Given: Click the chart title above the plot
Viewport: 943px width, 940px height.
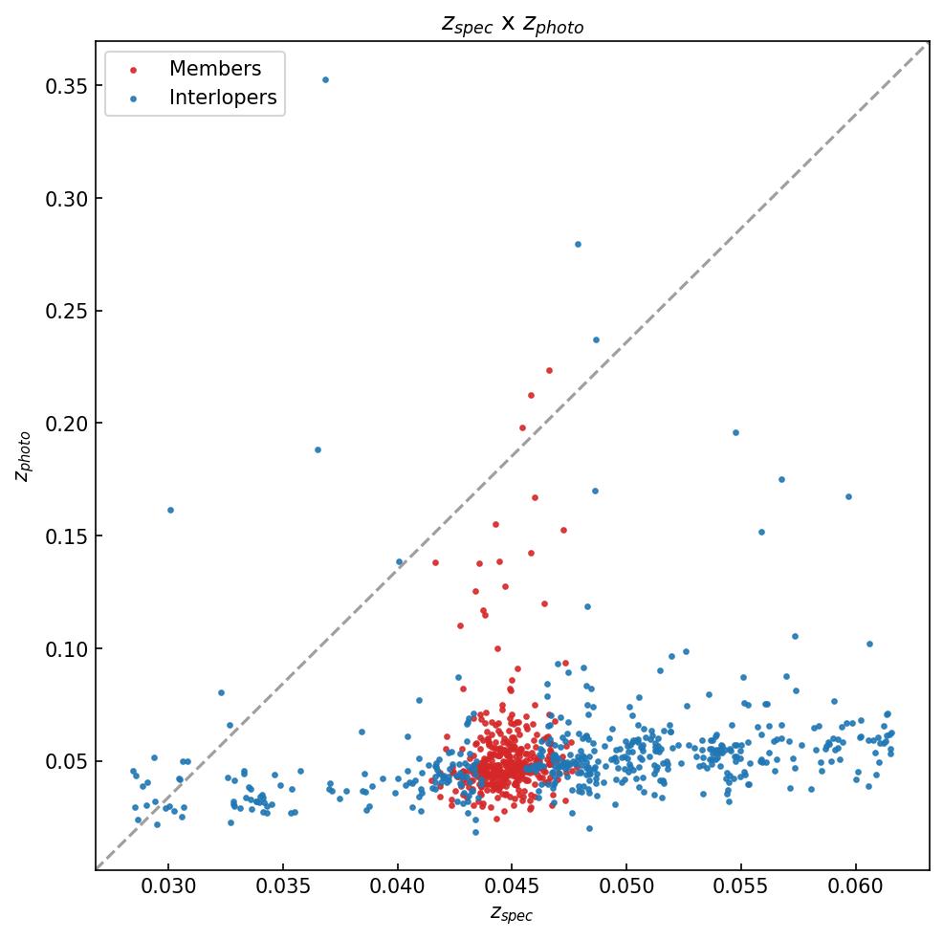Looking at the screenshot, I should click(x=512, y=24).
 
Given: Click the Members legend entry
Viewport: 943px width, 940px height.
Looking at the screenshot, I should click(x=214, y=69).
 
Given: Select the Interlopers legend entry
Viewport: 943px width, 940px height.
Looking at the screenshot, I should click(x=222, y=98).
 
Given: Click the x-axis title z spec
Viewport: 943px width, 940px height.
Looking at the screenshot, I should click(x=512, y=914).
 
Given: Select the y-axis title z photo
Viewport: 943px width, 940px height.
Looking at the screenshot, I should click(x=24, y=455).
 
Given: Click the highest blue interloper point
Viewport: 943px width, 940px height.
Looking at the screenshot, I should click(x=325, y=79).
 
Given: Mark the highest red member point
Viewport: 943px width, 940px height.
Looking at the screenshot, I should click(x=549, y=370).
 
